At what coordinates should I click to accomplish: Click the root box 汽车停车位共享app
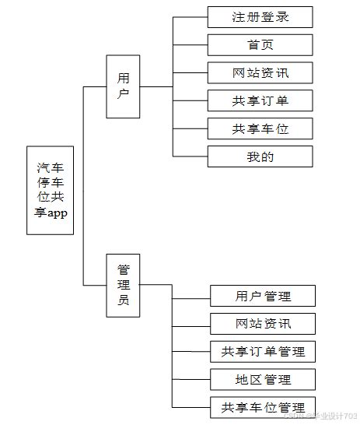[x=51, y=190]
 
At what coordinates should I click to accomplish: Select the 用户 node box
[x=123, y=86]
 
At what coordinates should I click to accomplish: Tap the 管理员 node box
[x=123, y=285]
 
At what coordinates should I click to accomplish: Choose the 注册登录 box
[x=260, y=17]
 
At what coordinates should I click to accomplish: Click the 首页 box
[x=260, y=45]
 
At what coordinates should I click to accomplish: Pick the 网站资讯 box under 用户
[x=260, y=73]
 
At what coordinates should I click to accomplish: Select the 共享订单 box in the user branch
[x=260, y=101]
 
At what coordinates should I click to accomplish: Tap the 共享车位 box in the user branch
[x=260, y=129]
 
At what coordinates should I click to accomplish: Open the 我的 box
[x=260, y=156]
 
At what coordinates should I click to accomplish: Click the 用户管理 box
[x=263, y=296]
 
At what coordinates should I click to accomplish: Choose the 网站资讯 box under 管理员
[x=263, y=324]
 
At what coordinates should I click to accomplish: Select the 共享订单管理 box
[x=263, y=352]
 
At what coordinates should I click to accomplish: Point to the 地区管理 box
[x=263, y=380]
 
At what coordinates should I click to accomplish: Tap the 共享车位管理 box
[x=263, y=407]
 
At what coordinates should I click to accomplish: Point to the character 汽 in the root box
[x=44, y=167]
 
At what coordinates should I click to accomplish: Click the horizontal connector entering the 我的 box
[x=190, y=157]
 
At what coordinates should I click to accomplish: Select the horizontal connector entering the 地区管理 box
[x=191, y=380]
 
